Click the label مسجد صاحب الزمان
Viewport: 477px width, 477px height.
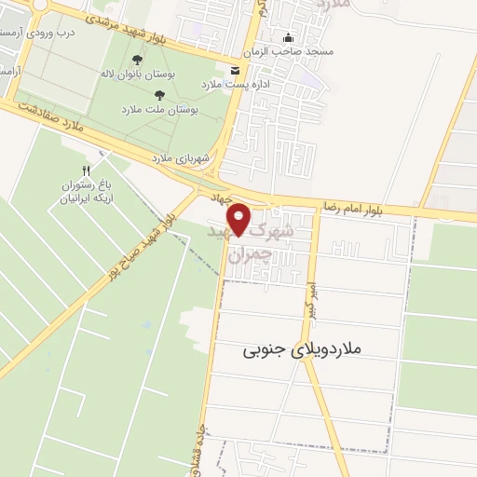point(287,51)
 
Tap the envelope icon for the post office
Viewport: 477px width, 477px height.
point(234,70)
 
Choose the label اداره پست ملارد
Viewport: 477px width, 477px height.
point(233,84)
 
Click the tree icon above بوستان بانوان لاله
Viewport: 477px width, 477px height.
point(138,60)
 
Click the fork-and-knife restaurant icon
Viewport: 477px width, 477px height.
point(86,170)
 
